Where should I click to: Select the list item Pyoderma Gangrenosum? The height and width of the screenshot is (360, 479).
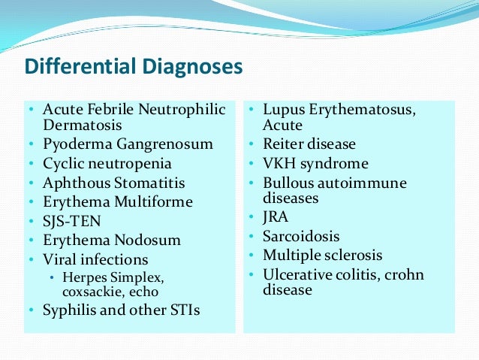(128, 144)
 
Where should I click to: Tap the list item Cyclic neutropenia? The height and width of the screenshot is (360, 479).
(107, 163)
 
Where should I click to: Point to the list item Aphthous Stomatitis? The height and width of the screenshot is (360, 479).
(113, 183)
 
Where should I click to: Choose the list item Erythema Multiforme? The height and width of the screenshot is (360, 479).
(118, 202)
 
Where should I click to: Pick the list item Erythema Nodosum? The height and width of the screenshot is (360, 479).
(112, 241)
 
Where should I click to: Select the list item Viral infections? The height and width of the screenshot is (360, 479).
(95, 260)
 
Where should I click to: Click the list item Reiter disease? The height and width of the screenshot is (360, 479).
(309, 144)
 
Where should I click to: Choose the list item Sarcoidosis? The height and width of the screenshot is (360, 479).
(301, 236)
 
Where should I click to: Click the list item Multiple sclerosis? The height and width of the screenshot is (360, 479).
(322, 256)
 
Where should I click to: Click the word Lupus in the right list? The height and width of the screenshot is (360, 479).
(282, 110)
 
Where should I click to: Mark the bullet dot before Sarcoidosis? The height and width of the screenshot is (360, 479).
(253, 236)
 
